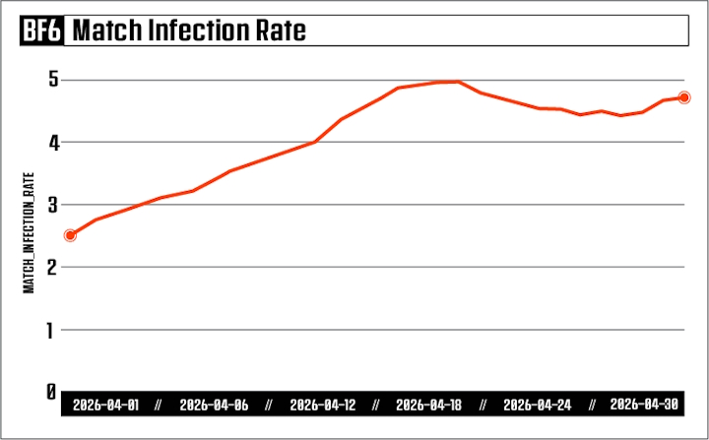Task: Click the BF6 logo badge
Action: [41, 31]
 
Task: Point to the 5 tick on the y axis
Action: [54, 80]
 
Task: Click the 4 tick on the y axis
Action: [54, 144]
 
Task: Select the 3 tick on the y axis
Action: [54, 206]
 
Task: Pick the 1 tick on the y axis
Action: [50, 331]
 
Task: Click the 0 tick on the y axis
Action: [51, 392]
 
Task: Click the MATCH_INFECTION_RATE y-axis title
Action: [29, 233]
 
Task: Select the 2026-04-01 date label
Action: [105, 405]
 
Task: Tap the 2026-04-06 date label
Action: [214, 405]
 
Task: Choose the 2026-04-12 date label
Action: [323, 405]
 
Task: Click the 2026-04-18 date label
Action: [428, 405]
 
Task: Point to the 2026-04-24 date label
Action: [538, 405]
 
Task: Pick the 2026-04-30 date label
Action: [644, 405]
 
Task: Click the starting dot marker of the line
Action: [70, 235]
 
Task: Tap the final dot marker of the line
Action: [684, 97]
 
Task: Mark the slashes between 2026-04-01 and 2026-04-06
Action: [158, 405]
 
